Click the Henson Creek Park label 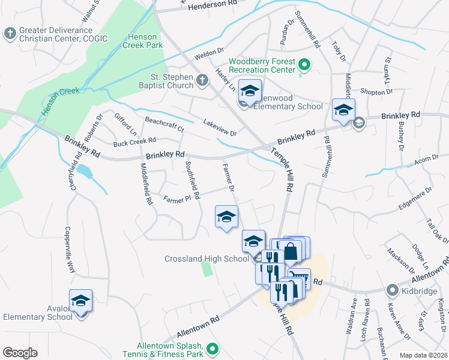click(x=142, y=41)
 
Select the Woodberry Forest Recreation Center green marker click(x=304, y=64)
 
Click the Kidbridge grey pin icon click(x=393, y=290)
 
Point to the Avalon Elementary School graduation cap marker click(x=80, y=301)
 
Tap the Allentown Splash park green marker click(x=212, y=348)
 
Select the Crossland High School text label click(x=206, y=259)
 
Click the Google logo click(x=20, y=353)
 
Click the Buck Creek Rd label click(x=134, y=142)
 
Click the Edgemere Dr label click(x=415, y=199)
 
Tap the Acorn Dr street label click(x=427, y=159)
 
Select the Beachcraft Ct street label click(x=164, y=124)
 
